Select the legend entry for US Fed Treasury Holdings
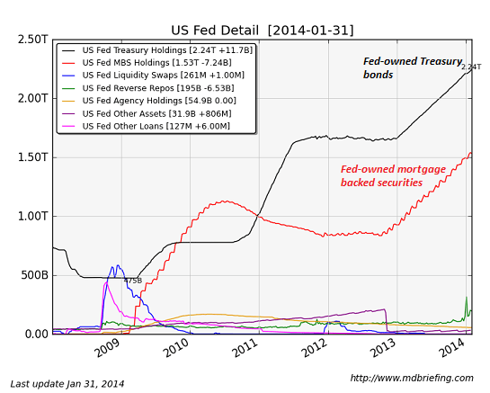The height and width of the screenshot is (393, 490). coord(167,50)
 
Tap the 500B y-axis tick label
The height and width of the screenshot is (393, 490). coord(34,275)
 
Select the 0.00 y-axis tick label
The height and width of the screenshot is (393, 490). coord(34,334)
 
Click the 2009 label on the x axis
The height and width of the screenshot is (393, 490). coord(107,346)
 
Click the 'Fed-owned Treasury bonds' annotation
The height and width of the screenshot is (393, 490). coord(412,67)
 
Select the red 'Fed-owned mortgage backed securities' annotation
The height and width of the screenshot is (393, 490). coord(394,175)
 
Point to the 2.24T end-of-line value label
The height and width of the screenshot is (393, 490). coord(471,67)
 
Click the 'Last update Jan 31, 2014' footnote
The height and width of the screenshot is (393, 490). coord(67,384)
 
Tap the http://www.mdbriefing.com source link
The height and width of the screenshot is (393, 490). coord(412,378)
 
